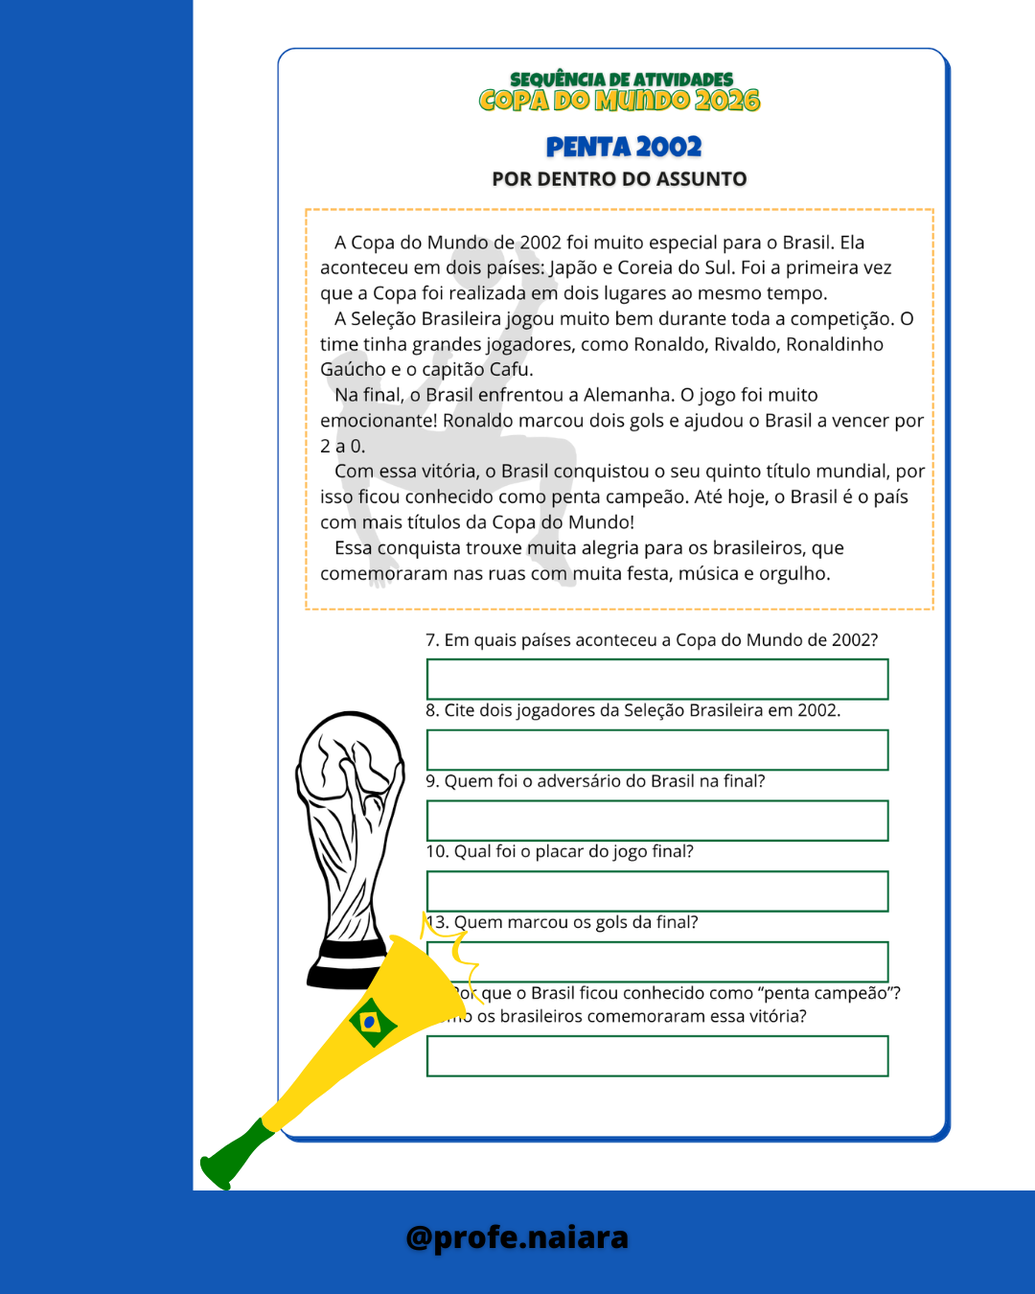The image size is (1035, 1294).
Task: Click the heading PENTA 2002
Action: (624, 147)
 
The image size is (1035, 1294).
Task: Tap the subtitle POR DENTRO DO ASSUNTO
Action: (619, 179)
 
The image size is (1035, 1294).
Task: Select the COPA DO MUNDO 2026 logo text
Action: (619, 101)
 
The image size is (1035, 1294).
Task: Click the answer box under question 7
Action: (657, 679)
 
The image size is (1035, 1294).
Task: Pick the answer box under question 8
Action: (657, 750)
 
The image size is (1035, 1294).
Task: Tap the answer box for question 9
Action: (657, 820)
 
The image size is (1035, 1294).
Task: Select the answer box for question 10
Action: (657, 891)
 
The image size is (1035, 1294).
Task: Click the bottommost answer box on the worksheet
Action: (657, 1056)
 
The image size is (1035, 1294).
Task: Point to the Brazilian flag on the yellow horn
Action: (371, 1022)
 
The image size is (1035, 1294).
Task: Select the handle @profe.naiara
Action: (517, 1237)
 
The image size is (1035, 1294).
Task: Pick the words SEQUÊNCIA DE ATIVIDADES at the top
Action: (621, 80)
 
